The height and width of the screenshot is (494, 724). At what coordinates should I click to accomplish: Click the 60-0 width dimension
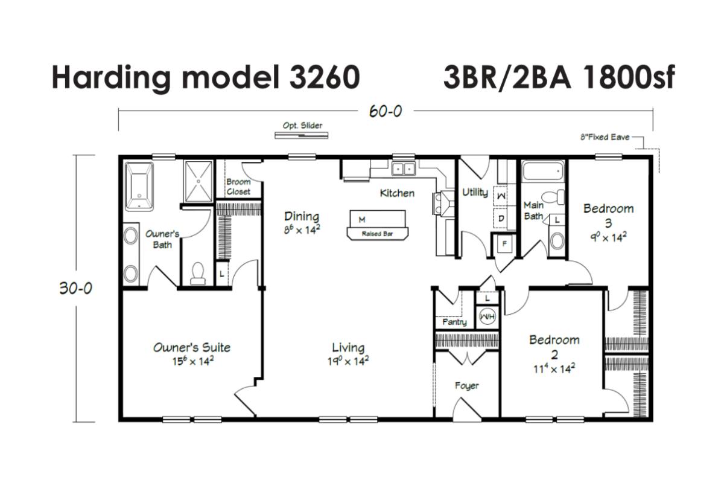[386, 111]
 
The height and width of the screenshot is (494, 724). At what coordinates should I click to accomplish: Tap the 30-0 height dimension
[75, 288]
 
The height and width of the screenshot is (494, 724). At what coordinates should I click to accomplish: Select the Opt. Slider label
[302, 126]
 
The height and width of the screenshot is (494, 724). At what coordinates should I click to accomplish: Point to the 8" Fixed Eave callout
[605, 137]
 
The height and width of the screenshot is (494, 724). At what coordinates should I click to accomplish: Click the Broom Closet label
[238, 187]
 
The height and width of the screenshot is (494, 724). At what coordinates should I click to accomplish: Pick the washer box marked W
[501, 196]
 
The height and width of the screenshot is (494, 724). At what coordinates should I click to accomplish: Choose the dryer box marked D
[501, 219]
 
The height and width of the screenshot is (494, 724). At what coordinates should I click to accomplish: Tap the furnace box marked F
[504, 243]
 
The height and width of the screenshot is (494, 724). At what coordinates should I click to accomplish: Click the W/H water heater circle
[487, 316]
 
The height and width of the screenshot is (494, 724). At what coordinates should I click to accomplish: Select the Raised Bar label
[377, 234]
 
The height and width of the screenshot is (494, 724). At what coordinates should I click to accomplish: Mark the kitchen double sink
[404, 169]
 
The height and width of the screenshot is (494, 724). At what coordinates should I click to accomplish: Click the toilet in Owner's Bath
[198, 274]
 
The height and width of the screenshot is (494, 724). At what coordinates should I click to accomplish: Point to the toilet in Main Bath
[553, 197]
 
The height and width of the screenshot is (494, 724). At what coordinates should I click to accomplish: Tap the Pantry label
[454, 322]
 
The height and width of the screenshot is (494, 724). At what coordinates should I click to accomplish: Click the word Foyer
[467, 386]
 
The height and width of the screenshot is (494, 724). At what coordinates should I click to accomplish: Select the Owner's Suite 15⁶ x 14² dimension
[193, 361]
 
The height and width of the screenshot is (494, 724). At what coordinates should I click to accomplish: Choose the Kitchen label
[397, 193]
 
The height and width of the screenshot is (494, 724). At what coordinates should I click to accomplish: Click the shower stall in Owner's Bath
[198, 181]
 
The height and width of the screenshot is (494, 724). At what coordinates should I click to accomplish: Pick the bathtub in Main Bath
[543, 171]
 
